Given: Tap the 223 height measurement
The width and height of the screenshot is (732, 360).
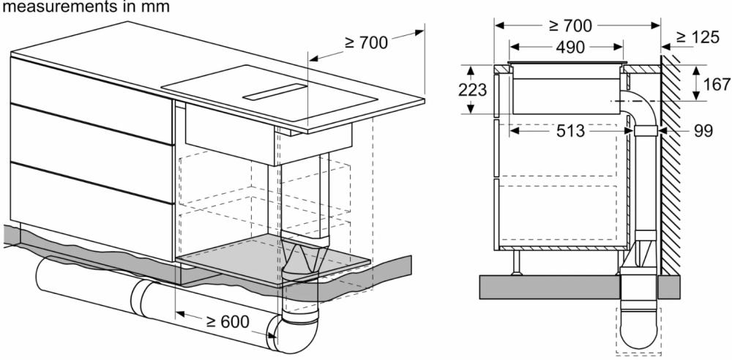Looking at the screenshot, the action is pos(472,89).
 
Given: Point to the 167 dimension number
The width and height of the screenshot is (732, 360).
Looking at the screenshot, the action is pos(716,85).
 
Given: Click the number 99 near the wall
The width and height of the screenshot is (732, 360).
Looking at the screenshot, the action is pos(703,131).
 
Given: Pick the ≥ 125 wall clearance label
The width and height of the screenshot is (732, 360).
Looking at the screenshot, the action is pos(698,37).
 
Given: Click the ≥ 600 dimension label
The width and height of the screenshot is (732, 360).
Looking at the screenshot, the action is pos(228,322).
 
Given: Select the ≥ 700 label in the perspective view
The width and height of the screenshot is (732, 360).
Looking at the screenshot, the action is pos(367,42).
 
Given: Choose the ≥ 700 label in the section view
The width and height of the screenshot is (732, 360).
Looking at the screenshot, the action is pos(570,26).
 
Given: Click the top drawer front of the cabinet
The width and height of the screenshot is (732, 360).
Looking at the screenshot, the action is pos(92,100).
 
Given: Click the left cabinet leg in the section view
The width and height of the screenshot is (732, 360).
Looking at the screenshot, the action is pos(516,263).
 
